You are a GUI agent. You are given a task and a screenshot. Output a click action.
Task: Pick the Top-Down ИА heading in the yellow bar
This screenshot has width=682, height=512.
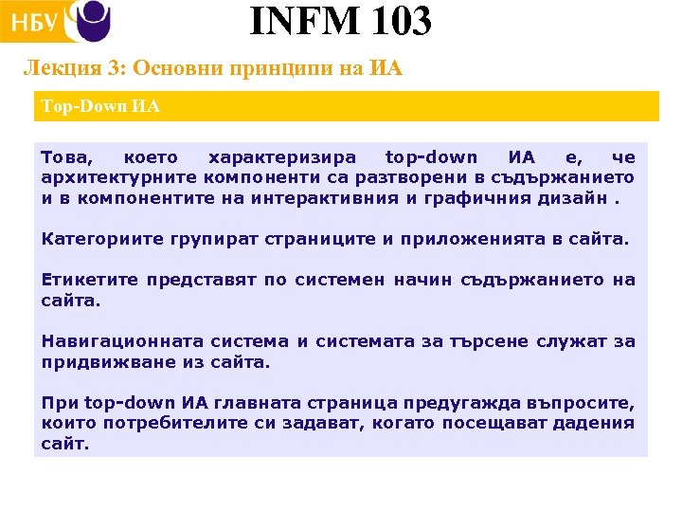click(100, 106)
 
